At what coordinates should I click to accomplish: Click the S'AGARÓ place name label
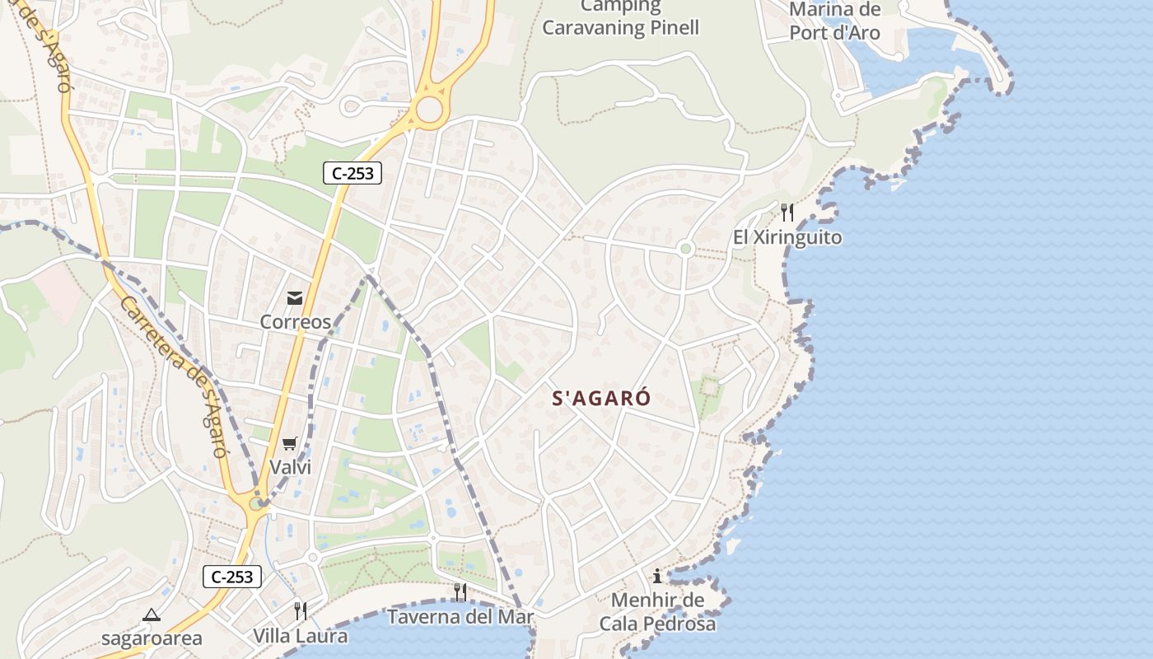(x=601, y=399)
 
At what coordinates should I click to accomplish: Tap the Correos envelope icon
(x=295, y=298)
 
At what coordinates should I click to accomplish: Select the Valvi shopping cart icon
(x=289, y=444)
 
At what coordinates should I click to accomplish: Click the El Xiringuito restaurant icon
(x=787, y=213)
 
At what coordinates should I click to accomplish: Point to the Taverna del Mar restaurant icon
(x=460, y=591)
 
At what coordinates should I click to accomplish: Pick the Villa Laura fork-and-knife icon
(x=301, y=610)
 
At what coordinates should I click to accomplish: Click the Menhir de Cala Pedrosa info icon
(x=657, y=576)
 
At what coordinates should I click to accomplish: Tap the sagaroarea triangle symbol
(x=152, y=615)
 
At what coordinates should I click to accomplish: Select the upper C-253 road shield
(x=352, y=173)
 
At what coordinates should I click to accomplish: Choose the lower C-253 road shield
(x=232, y=577)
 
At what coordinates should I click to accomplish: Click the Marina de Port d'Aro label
(x=834, y=21)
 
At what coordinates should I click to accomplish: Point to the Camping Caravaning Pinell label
(x=620, y=17)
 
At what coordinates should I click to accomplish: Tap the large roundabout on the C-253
(x=429, y=109)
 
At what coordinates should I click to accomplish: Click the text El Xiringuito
(x=787, y=238)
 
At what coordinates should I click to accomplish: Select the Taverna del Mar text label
(x=460, y=617)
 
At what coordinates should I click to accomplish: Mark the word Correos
(x=295, y=322)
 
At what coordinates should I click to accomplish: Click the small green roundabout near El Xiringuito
(x=685, y=249)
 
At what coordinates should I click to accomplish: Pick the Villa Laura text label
(x=301, y=636)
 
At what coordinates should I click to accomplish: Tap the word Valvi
(x=290, y=468)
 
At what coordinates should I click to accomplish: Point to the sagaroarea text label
(x=152, y=638)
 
